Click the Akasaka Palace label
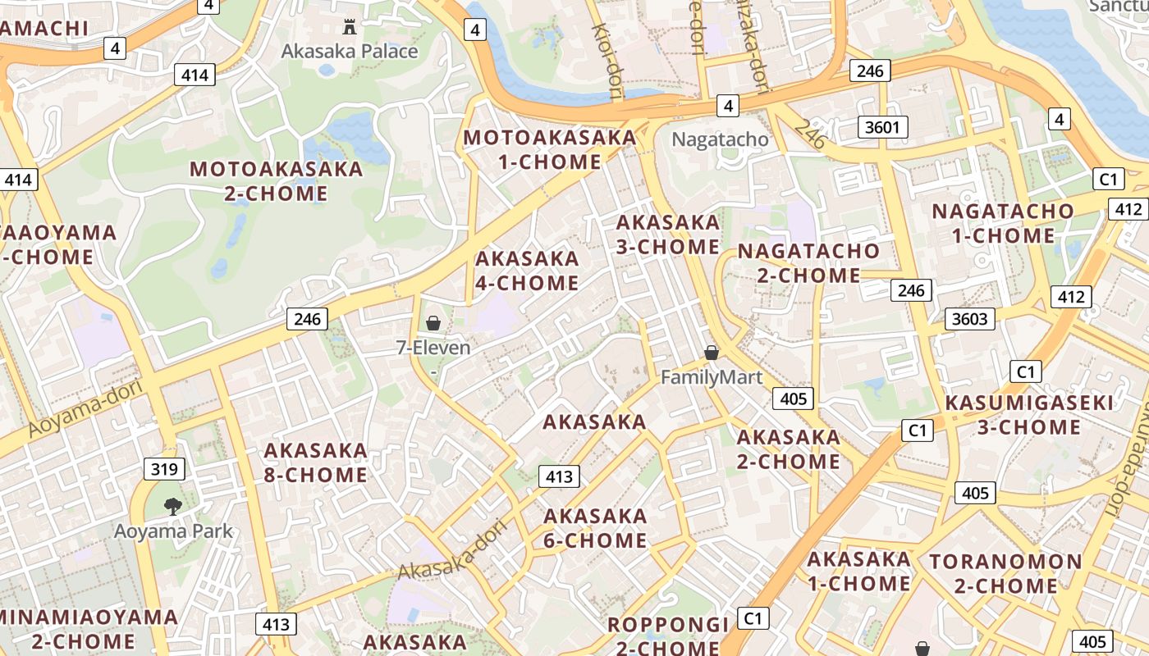pos(350,52)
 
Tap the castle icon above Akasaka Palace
pos(350,27)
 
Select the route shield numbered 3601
pos(882,127)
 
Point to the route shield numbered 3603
pos(969,319)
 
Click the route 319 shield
pos(164,470)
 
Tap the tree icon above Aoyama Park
pos(172,507)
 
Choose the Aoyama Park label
pos(173,531)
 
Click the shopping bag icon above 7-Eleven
pos(433,324)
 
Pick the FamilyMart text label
pos(712,377)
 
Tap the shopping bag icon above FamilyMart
pos(712,353)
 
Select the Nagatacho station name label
pos(720,139)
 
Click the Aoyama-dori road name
pos(85,408)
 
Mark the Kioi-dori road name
pos(608,58)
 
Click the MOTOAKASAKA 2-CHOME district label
pos(276,181)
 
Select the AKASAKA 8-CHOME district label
pos(315,462)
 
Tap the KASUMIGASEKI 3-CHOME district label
pos(1029,415)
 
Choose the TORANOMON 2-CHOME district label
pos(1005,574)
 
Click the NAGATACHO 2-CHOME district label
pos(808,263)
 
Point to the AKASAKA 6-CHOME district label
pos(595,528)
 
